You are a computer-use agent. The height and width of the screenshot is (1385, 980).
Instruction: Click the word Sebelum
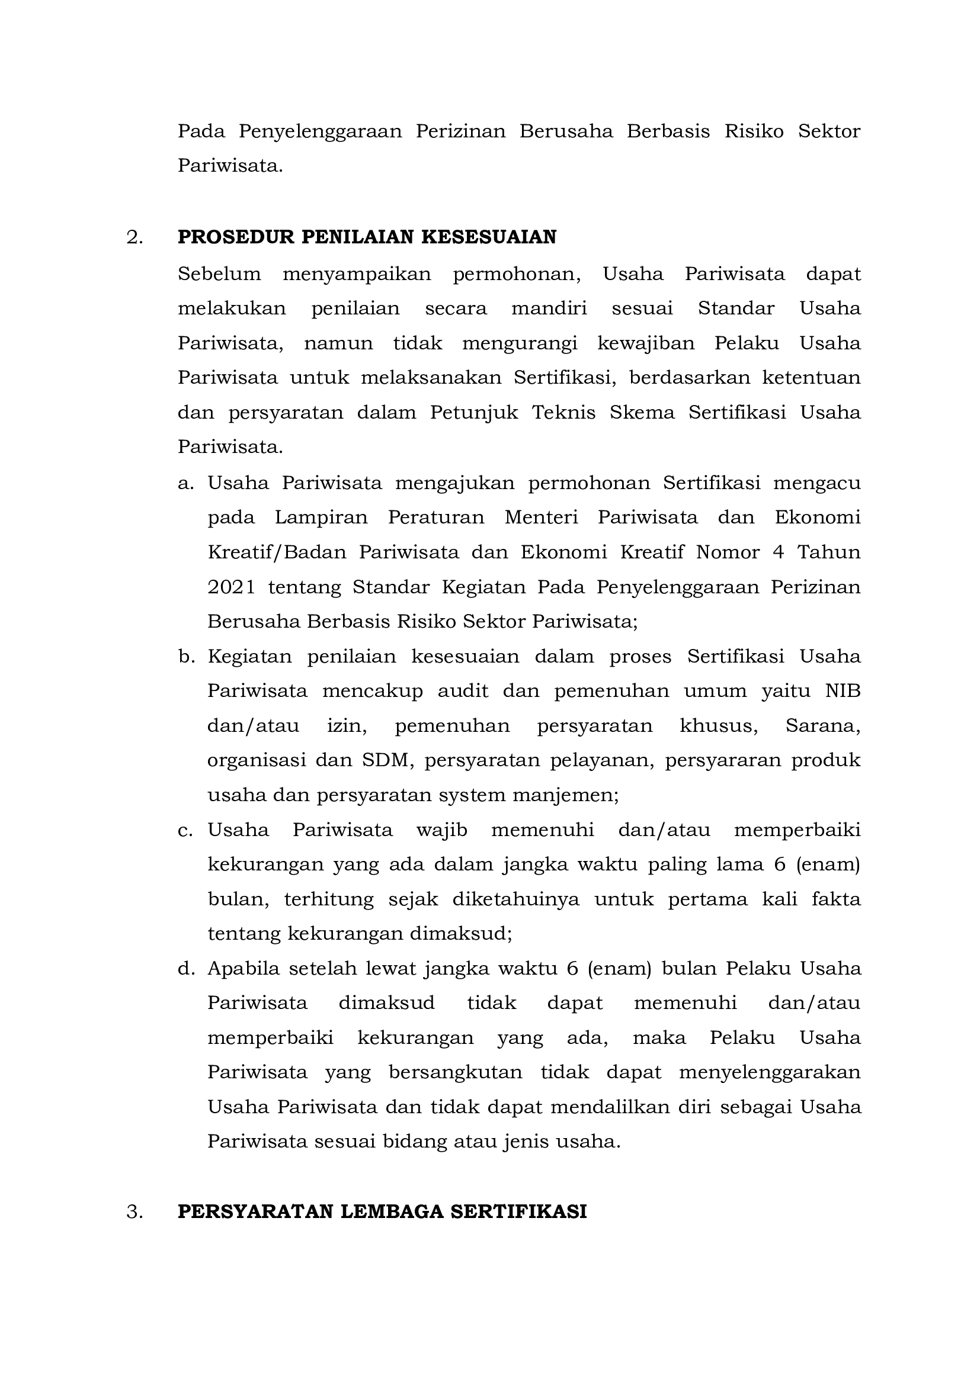point(219,274)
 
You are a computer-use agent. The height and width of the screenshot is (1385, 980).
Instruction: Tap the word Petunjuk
point(474,413)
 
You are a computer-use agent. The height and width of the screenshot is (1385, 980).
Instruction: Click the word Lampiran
point(321,518)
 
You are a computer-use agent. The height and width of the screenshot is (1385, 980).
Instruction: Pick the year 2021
point(231,587)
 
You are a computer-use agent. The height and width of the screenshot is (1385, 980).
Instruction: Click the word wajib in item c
point(442,830)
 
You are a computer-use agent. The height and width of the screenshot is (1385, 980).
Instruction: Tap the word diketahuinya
point(515,899)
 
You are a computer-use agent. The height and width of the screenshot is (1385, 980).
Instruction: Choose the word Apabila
point(243,969)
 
